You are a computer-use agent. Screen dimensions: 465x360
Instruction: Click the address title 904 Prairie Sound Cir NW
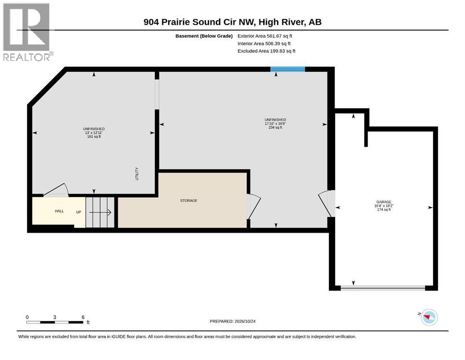(x=199, y=22)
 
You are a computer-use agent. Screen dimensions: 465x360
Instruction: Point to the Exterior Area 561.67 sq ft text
(x=265, y=36)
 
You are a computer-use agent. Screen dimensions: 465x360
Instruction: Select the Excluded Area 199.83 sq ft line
(x=266, y=51)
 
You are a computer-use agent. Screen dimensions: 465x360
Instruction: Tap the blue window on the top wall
(x=288, y=69)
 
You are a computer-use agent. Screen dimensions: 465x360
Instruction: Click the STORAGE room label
(x=189, y=201)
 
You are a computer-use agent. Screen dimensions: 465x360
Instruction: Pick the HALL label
(x=59, y=211)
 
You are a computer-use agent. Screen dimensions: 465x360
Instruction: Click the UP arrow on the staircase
(x=100, y=212)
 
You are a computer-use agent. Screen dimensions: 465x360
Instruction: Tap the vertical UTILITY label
(x=137, y=173)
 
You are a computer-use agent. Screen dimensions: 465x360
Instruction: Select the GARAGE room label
(x=384, y=202)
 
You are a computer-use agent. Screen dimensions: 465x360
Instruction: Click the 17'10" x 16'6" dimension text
(x=275, y=123)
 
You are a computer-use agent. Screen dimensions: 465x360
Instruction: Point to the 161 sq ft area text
(x=94, y=136)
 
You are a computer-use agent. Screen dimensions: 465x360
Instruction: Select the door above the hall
(x=56, y=190)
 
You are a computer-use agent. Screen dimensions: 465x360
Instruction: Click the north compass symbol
(x=429, y=317)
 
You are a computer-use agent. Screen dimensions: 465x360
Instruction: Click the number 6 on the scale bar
(x=83, y=317)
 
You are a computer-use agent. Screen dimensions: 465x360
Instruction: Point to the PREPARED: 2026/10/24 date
(x=232, y=321)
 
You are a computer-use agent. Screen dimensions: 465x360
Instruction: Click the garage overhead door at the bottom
(x=383, y=288)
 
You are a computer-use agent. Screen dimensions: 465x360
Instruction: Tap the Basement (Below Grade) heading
(x=204, y=36)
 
